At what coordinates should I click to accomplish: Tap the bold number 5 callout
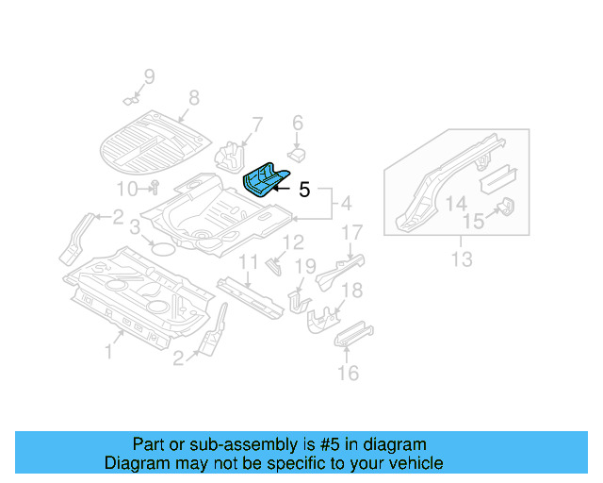click(303, 190)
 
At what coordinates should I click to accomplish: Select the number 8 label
click(194, 97)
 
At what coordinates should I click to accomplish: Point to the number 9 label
click(148, 76)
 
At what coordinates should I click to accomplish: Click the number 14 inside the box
click(456, 204)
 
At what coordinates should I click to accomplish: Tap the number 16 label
click(349, 374)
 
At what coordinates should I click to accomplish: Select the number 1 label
click(108, 352)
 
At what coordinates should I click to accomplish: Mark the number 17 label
click(351, 232)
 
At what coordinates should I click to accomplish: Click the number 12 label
click(294, 242)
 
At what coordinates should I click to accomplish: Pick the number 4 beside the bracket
click(346, 203)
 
